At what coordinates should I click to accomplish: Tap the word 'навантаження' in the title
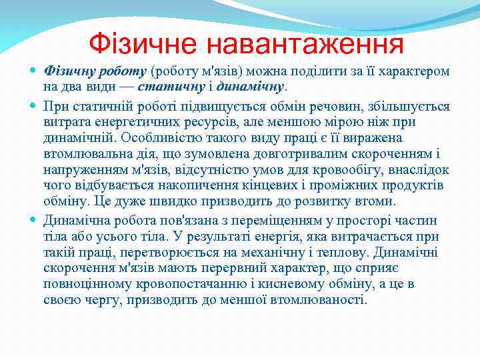coord(305,44)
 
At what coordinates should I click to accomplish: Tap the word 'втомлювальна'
coord(85,154)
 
